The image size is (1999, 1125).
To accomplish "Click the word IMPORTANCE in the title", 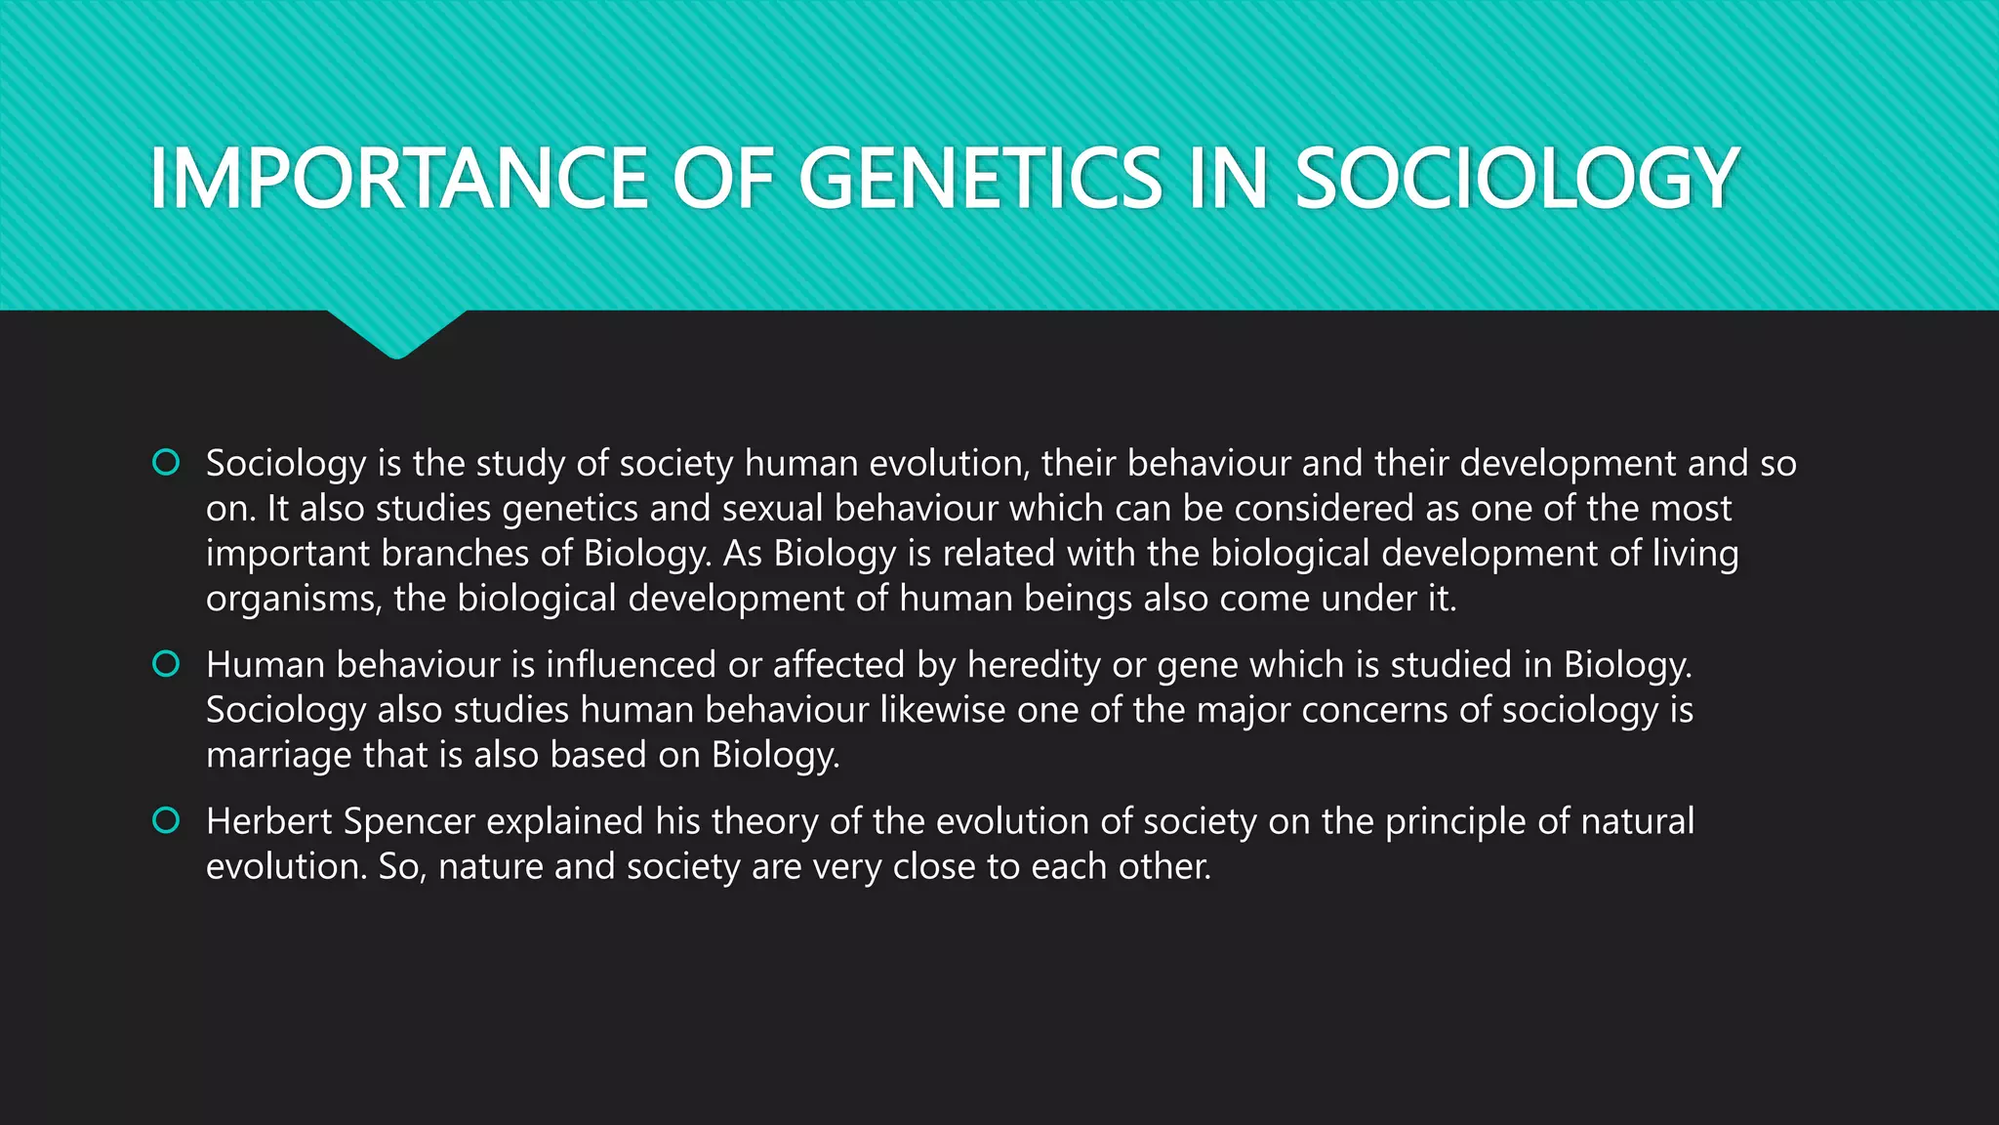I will [x=398, y=178].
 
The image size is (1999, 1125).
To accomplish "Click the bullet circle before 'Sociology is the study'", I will [x=166, y=462].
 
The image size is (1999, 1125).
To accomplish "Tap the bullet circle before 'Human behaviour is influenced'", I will [x=166, y=664].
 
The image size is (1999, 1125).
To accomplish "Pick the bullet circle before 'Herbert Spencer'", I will [x=166, y=820].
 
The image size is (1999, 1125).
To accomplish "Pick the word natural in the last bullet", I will [x=1637, y=821].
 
